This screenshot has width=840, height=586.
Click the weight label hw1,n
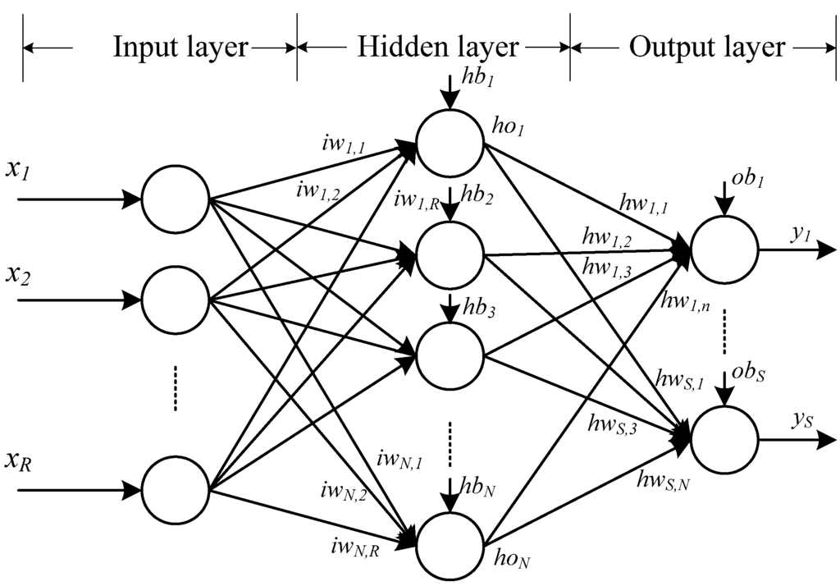coord(685,304)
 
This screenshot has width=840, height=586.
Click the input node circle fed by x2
coord(176,300)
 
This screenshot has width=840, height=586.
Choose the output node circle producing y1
coord(724,251)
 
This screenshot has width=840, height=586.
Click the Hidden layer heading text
coord(438,47)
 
